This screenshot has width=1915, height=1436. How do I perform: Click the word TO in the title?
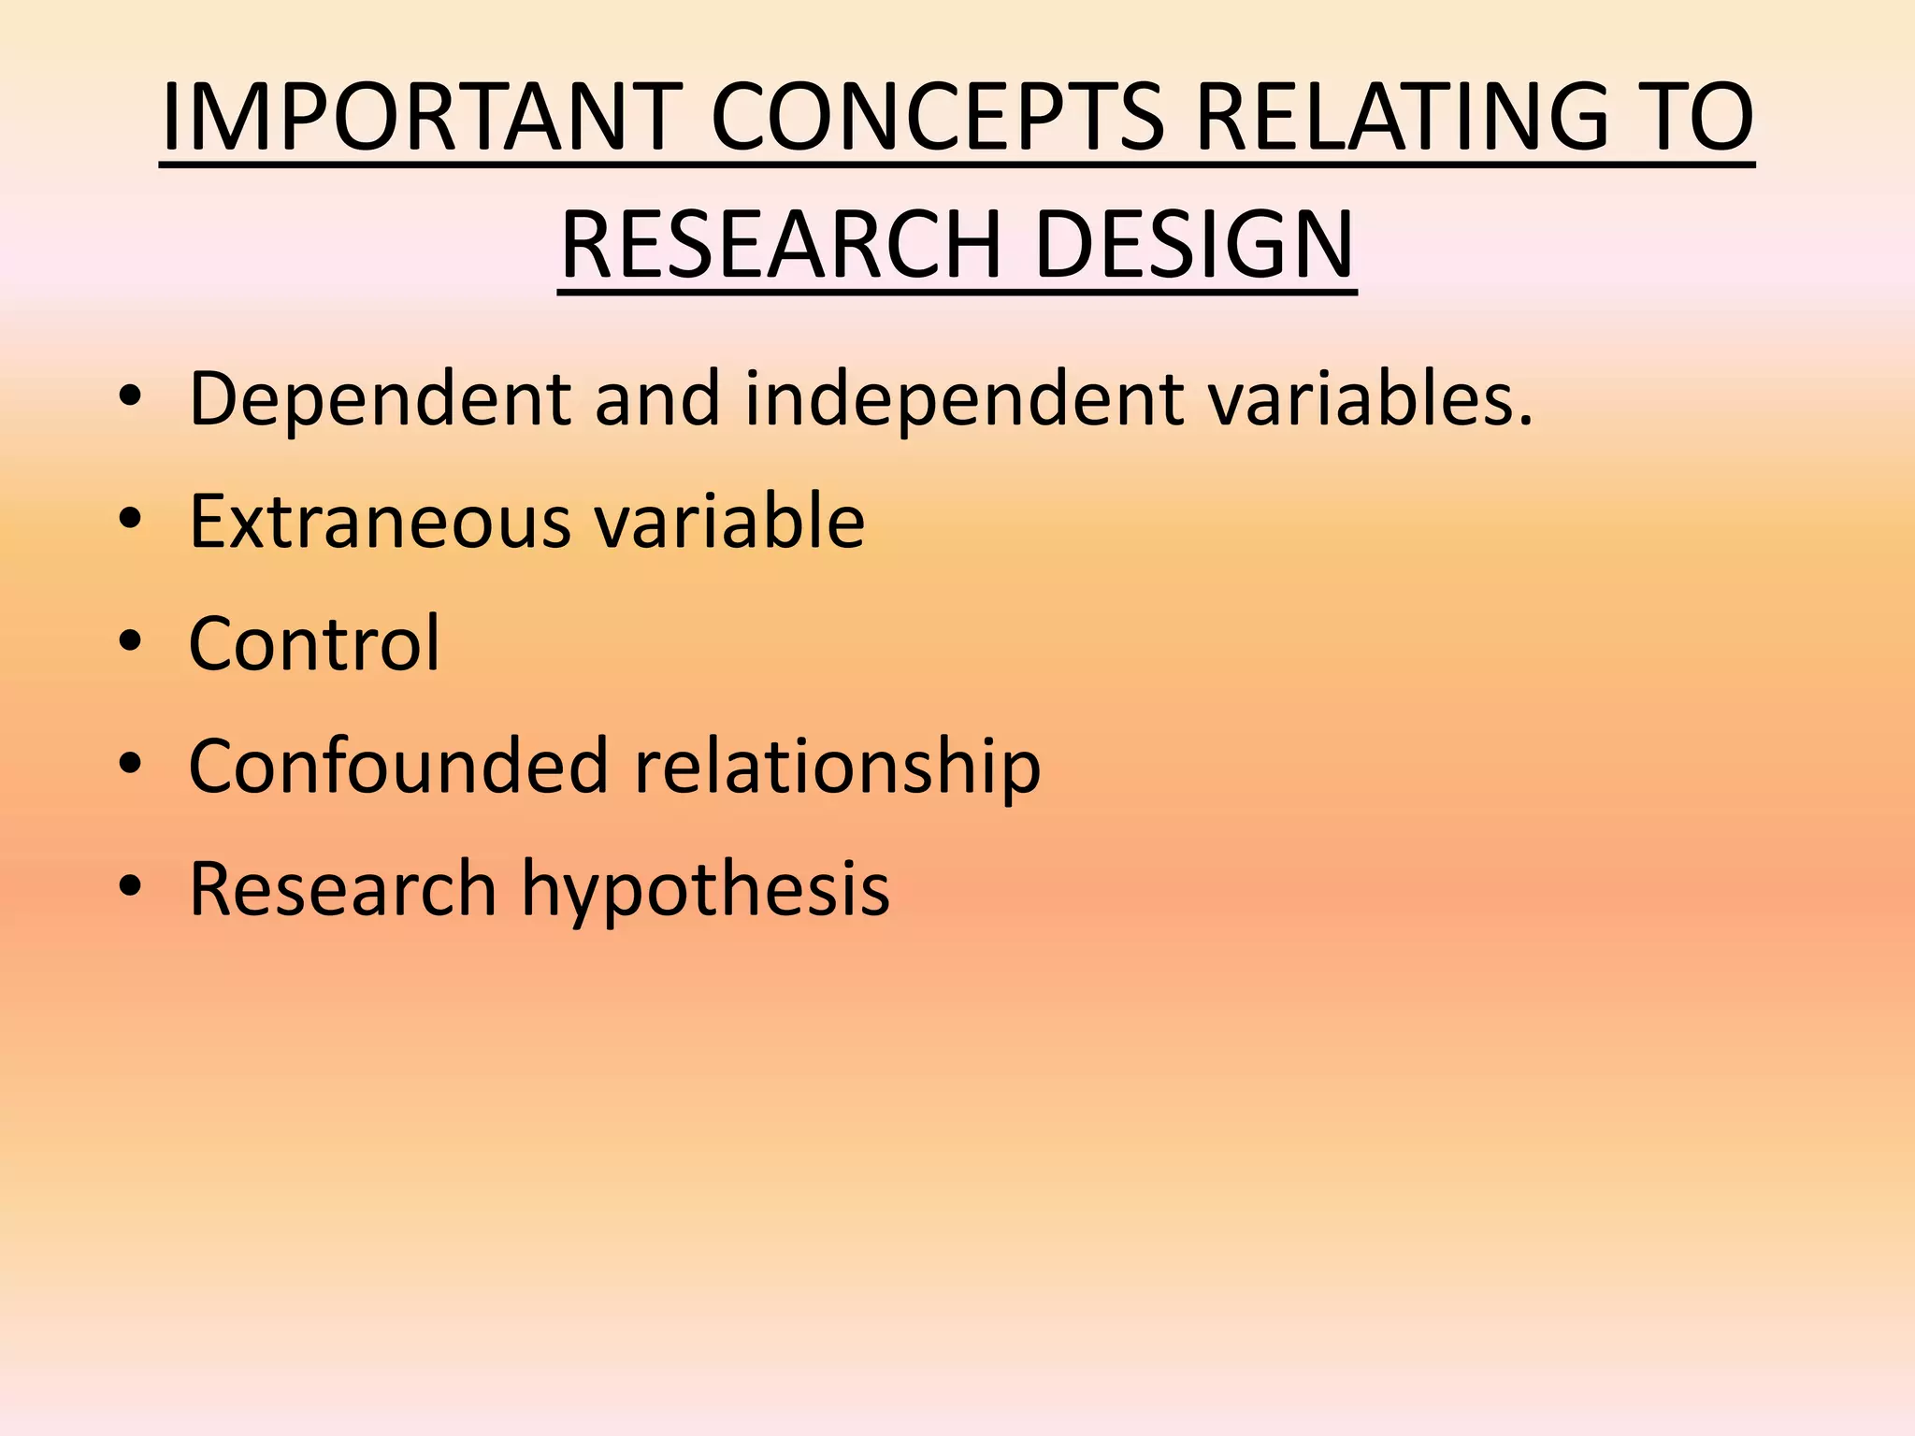pos(1694,118)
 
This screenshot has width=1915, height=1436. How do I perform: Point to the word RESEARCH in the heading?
pos(782,245)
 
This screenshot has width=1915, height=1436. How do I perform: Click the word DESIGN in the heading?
pos(1194,245)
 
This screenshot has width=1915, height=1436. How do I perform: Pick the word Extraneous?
pos(380,522)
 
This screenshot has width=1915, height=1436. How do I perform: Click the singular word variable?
pos(729,522)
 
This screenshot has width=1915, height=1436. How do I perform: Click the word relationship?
pos(838,766)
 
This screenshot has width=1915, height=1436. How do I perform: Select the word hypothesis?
pos(705,888)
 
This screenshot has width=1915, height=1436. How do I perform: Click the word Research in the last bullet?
pos(342,888)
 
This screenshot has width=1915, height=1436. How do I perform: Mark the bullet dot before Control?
pos(130,642)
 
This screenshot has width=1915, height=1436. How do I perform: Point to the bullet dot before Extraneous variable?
pos(130,520)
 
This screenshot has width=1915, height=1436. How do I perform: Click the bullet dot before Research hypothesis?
pos(130,887)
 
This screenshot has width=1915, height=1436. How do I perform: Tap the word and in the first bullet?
pos(657,399)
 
